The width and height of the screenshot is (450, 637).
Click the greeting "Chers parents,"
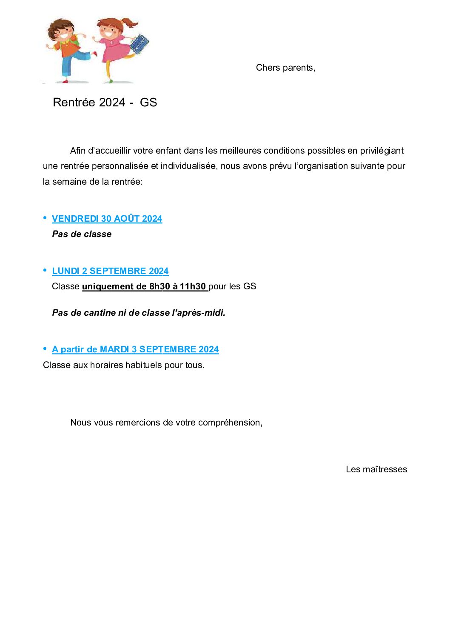[285, 68]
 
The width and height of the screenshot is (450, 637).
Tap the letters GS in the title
[148, 103]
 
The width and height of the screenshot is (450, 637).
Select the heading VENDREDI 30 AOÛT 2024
[107, 219]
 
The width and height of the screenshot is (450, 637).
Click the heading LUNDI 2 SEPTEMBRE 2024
[110, 271]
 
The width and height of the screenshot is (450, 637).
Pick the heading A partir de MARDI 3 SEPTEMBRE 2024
[135, 349]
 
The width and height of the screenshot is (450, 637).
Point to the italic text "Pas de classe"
[82, 234]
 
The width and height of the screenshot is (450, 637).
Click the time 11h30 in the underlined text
[193, 286]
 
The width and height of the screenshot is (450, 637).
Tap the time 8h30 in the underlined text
[159, 286]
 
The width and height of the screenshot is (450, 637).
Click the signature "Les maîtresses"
[376, 469]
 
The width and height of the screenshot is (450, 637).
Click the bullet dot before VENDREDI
[45, 218]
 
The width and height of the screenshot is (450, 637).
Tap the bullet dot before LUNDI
[45, 270]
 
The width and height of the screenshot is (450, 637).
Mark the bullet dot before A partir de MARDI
[45, 348]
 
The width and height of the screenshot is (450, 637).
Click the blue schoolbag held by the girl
[139, 43]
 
